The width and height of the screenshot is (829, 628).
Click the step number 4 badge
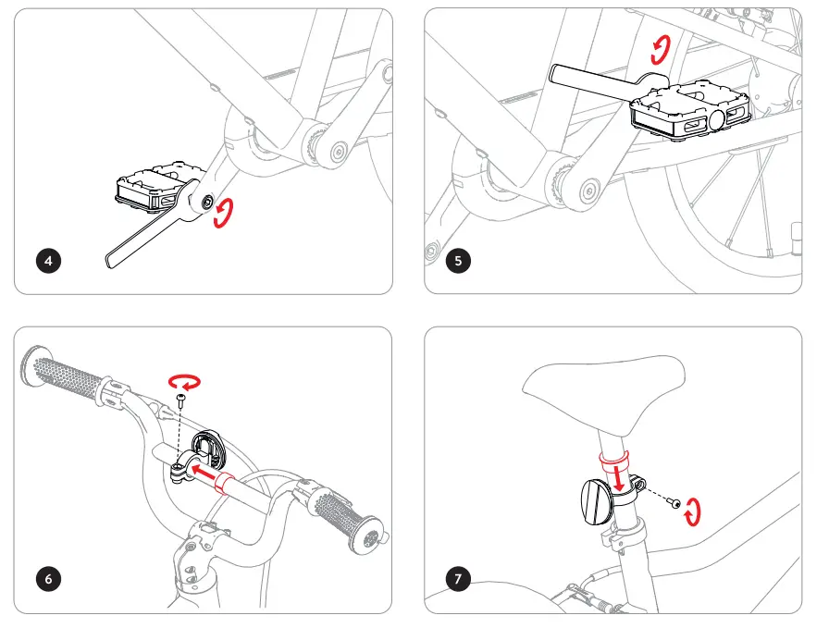[49, 261]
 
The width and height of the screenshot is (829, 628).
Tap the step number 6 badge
[49, 579]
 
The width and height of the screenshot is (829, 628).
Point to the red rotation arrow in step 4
[223, 215]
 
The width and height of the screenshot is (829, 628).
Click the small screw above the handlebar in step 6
[181, 398]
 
